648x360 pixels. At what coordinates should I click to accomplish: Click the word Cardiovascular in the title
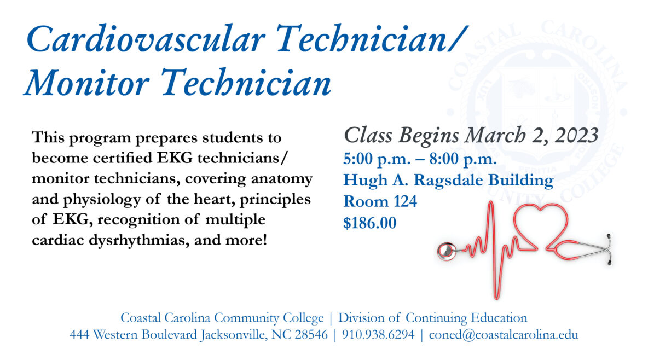point(146,39)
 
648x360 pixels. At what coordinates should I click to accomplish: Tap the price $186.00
point(369,223)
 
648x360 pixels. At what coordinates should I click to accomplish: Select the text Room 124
point(380,201)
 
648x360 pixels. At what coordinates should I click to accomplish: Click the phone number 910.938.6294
point(378,334)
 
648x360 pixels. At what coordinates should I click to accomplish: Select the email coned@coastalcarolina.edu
point(504,334)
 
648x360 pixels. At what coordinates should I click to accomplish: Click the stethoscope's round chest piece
point(447,251)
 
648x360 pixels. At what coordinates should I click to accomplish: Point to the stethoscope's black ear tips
point(609,249)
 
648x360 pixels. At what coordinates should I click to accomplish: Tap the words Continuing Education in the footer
point(466,318)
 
